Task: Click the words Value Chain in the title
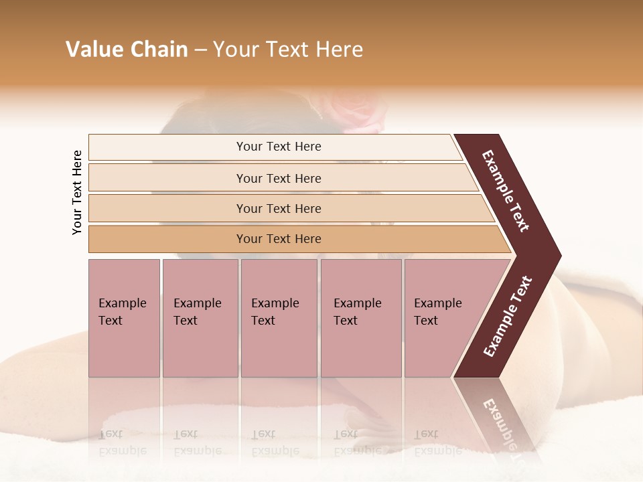click(x=127, y=50)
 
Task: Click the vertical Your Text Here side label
click(x=77, y=192)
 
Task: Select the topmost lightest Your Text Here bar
click(x=279, y=147)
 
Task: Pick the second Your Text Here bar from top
click(x=279, y=178)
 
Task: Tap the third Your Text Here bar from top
click(x=279, y=208)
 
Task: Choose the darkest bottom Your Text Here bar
click(x=279, y=239)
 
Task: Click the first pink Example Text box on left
click(x=124, y=317)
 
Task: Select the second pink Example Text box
click(x=200, y=317)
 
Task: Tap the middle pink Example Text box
click(x=279, y=317)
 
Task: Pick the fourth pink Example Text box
click(x=361, y=317)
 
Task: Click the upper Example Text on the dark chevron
click(x=506, y=190)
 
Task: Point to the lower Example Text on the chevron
click(x=508, y=316)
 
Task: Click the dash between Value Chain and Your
click(x=200, y=50)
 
